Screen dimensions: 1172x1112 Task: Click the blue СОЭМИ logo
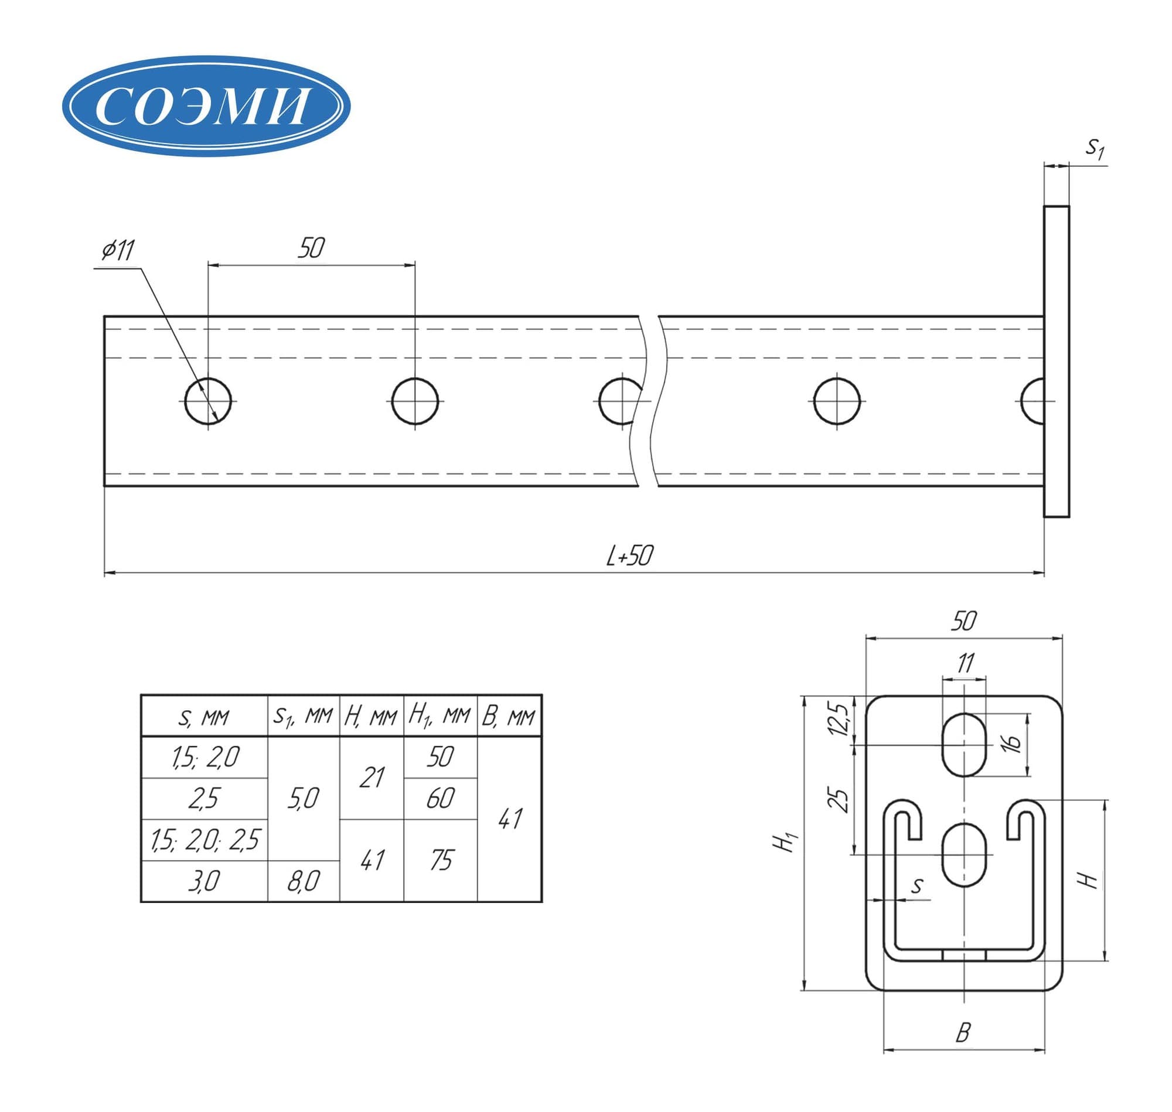(x=206, y=105)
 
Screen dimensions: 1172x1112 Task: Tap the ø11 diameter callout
(x=118, y=250)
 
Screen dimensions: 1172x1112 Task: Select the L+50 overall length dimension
(x=629, y=555)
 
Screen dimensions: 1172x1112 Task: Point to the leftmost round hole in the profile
(x=207, y=401)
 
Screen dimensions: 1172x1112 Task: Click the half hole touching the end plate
(x=1033, y=401)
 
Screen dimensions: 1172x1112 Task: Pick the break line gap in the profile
(x=649, y=401)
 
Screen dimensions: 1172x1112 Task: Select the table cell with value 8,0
(x=304, y=881)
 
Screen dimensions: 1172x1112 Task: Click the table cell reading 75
(x=441, y=860)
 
